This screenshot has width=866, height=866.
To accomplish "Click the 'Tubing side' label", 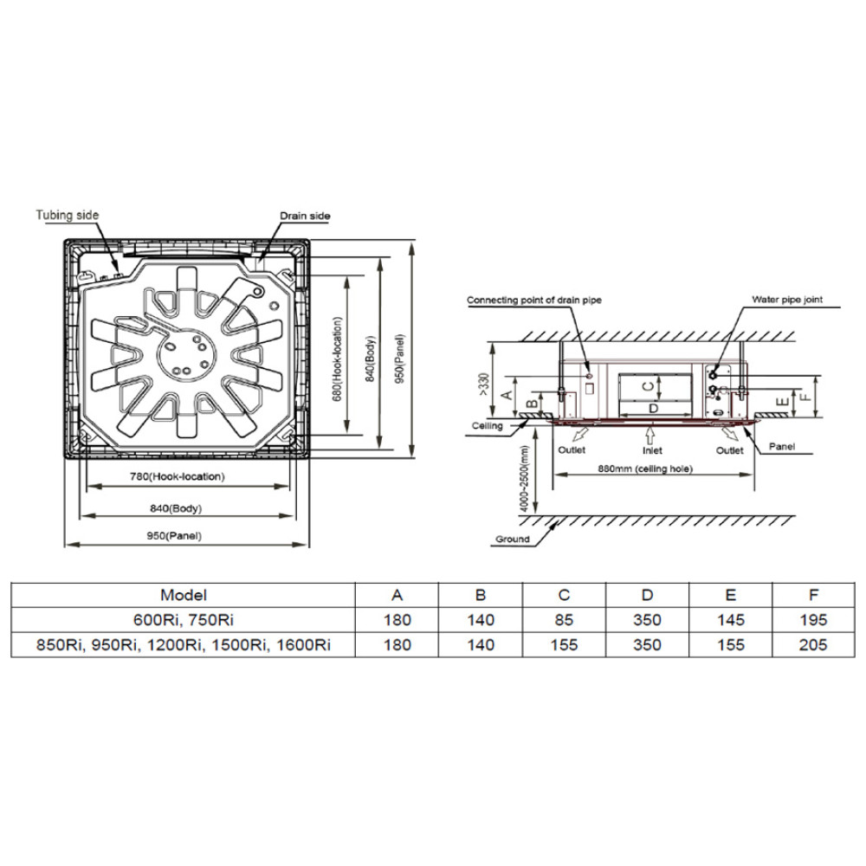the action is (x=68, y=215).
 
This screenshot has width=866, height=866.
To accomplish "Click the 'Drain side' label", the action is (x=305, y=216).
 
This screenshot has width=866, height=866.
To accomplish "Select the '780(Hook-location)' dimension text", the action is (x=178, y=476).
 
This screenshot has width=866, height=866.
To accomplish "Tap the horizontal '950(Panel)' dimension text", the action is (x=174, y=536).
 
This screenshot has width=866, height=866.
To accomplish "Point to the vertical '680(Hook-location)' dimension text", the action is (x=338, y=359).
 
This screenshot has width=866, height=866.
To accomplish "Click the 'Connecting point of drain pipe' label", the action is (x=534, y=300).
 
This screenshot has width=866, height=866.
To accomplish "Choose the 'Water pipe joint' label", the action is (x=787, y=300).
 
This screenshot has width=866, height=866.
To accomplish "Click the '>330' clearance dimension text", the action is (x=484, y=385).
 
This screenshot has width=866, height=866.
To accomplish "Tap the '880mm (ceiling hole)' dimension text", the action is (x=645, y=469).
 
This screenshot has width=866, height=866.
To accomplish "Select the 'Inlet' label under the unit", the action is (x=652, y=450).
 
